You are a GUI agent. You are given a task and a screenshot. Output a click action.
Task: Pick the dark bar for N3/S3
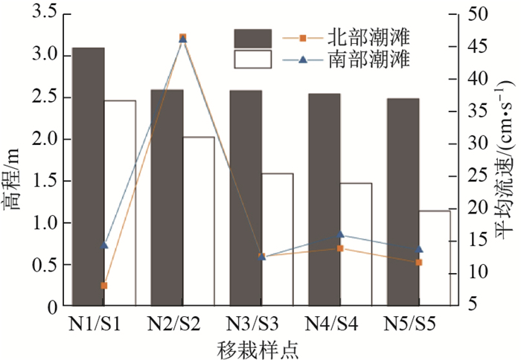click(246, 198)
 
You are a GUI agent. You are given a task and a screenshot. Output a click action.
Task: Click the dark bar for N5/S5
click(403, 202)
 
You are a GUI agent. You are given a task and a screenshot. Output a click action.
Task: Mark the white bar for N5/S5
click(435, 257)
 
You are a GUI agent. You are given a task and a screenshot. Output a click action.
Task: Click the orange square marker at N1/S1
click(104, 286)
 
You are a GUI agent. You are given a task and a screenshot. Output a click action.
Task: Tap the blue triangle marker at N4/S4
click(340, 235)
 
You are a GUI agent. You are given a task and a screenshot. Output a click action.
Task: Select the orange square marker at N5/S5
click(419, 263)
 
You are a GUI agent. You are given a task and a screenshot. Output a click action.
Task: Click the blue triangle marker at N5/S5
click(419, 248)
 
